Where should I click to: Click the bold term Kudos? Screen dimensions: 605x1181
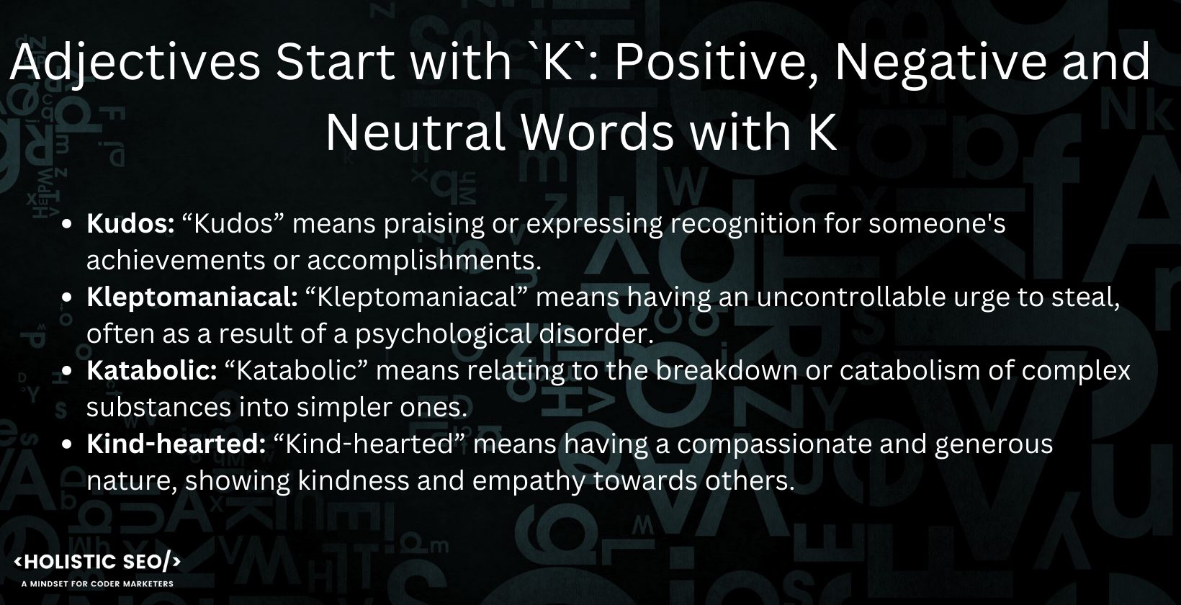[130, 224]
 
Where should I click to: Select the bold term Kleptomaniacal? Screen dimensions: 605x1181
[192, 297]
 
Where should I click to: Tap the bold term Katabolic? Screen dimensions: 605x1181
[151, 371]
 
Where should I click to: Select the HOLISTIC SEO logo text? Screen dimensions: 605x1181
[98, 563]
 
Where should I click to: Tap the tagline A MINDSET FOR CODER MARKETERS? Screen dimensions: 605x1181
[98, 583]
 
